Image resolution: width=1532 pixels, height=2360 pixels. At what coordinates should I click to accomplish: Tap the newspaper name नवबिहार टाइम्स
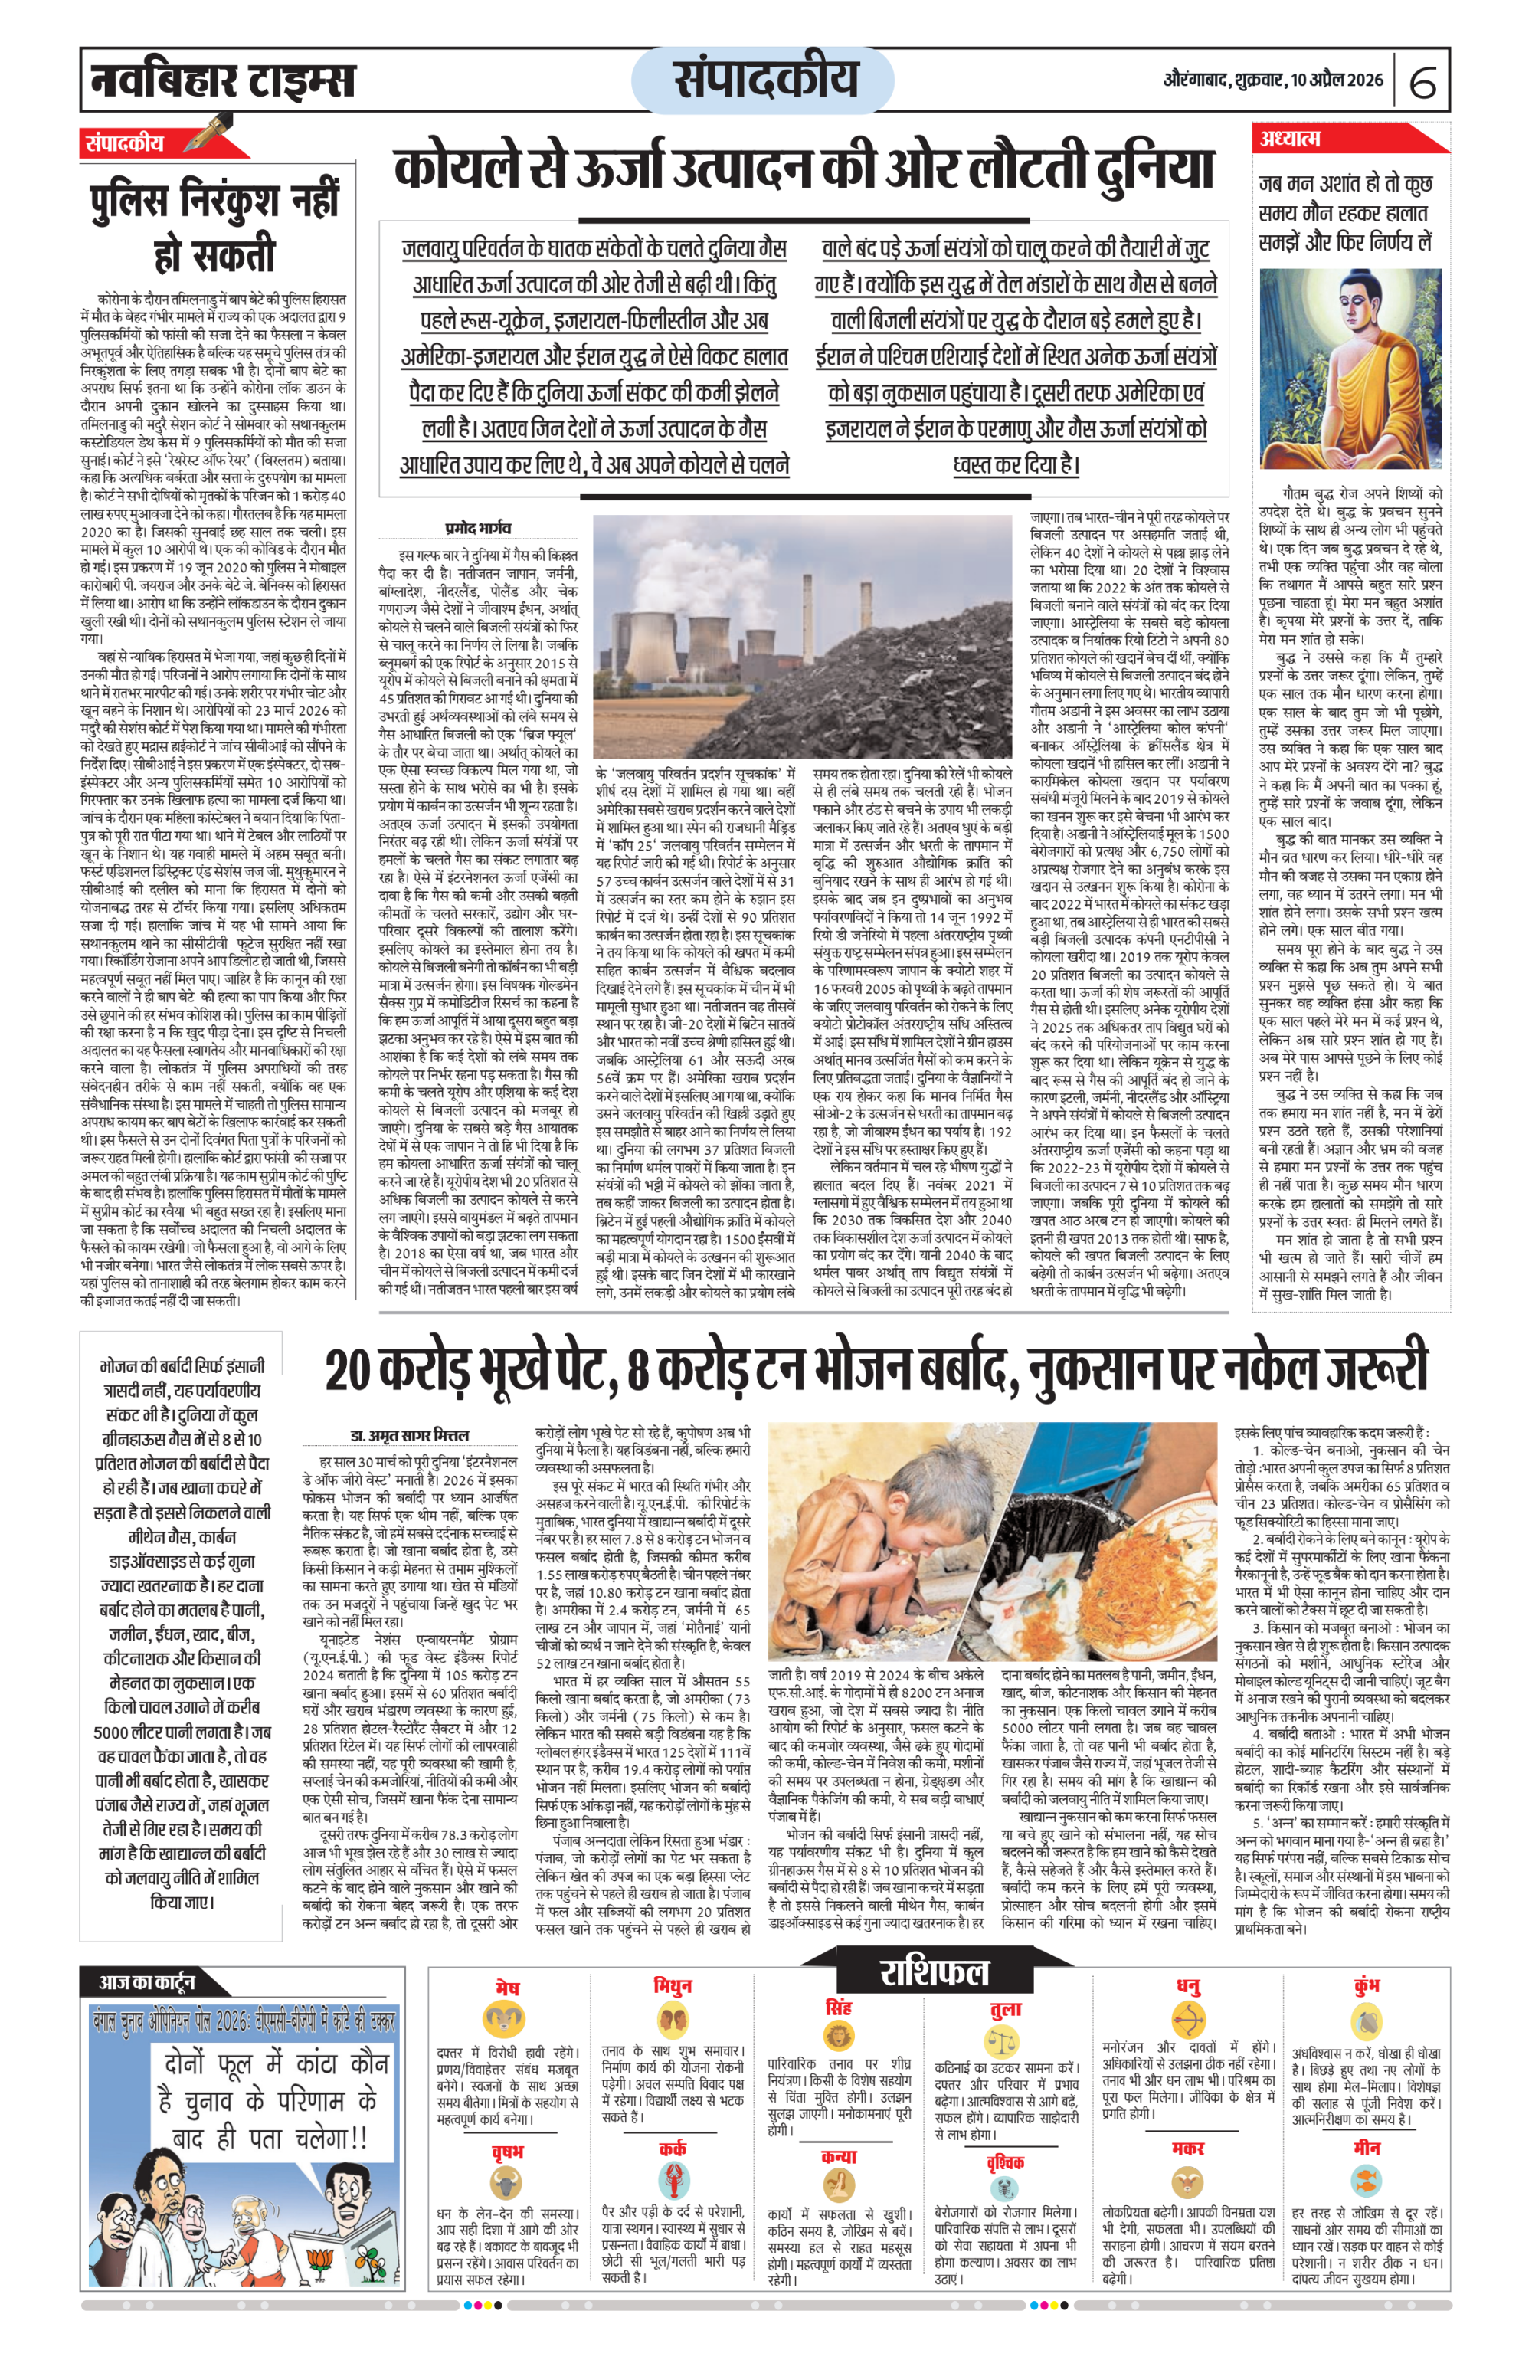[222, 80]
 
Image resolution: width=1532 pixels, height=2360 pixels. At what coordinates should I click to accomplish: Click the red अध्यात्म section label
[1290, 139]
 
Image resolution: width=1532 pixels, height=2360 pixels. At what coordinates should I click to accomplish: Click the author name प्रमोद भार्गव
[478, 529]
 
